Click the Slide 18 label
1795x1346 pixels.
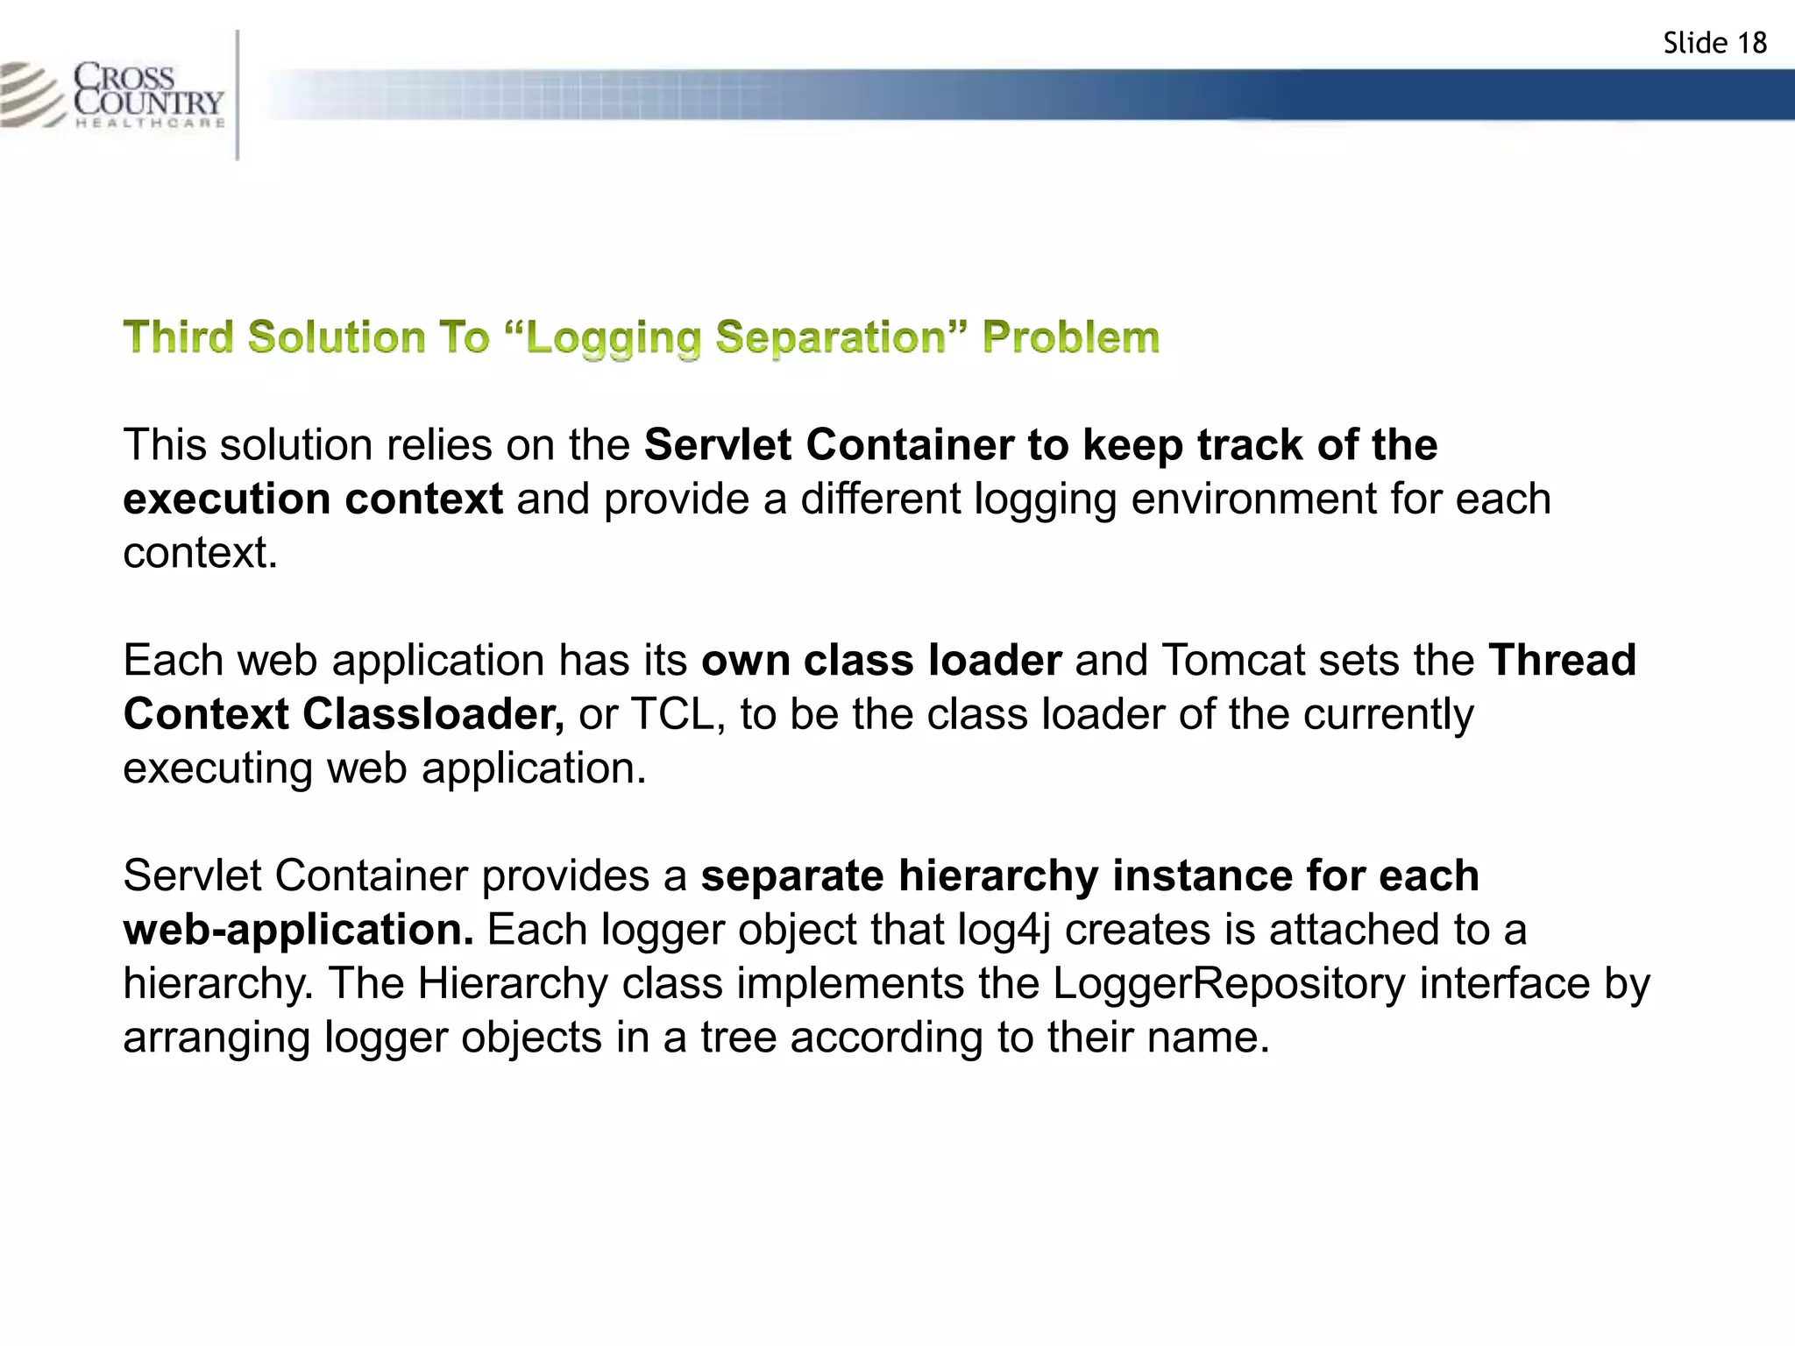1714,43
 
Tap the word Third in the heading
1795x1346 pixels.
179,337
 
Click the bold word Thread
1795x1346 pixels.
1562,660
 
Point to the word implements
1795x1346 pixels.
851,983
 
